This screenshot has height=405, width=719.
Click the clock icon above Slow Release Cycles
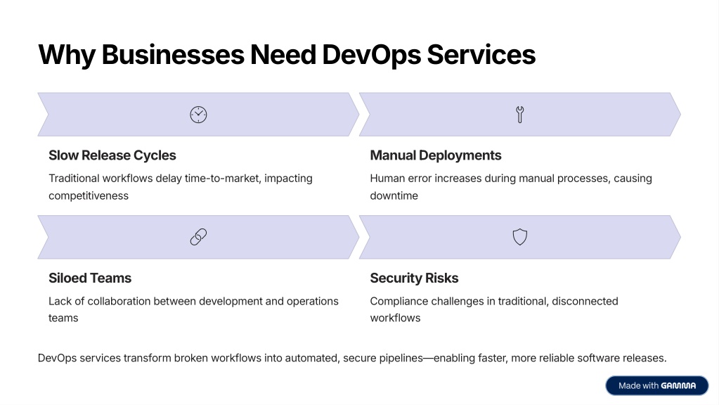(198, 115)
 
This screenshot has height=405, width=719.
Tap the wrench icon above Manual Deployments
(519, 115)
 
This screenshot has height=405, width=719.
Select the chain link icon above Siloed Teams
(198, 237)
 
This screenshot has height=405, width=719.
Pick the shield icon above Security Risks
(519, 237)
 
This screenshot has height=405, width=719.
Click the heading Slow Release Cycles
(112, 155)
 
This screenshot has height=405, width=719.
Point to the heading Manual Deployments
(436, 155)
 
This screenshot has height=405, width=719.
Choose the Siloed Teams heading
(90, 278)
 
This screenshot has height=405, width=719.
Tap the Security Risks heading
(414, 278)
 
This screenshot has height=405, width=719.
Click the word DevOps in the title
(371, 55)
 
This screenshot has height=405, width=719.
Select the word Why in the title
(67, 55)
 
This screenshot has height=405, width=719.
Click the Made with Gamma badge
(656, 386)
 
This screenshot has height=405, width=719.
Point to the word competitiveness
(89, 196)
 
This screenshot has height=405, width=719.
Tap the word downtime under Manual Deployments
(394, 196)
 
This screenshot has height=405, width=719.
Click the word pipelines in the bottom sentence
(401, 358)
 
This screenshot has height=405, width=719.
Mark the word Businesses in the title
(173, 55)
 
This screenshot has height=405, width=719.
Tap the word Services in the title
(481, 55)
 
